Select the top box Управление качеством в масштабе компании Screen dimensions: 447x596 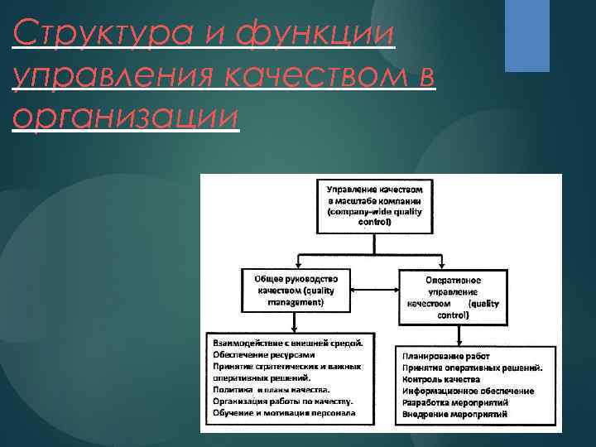click(375, 205)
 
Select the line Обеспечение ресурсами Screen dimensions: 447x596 click(264, 353)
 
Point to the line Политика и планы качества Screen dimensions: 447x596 click(271, 389)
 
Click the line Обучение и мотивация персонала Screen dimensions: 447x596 click(283, 412)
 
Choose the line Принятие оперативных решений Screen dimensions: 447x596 click(473, 367)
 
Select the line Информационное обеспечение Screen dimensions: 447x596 click(468, 390)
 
